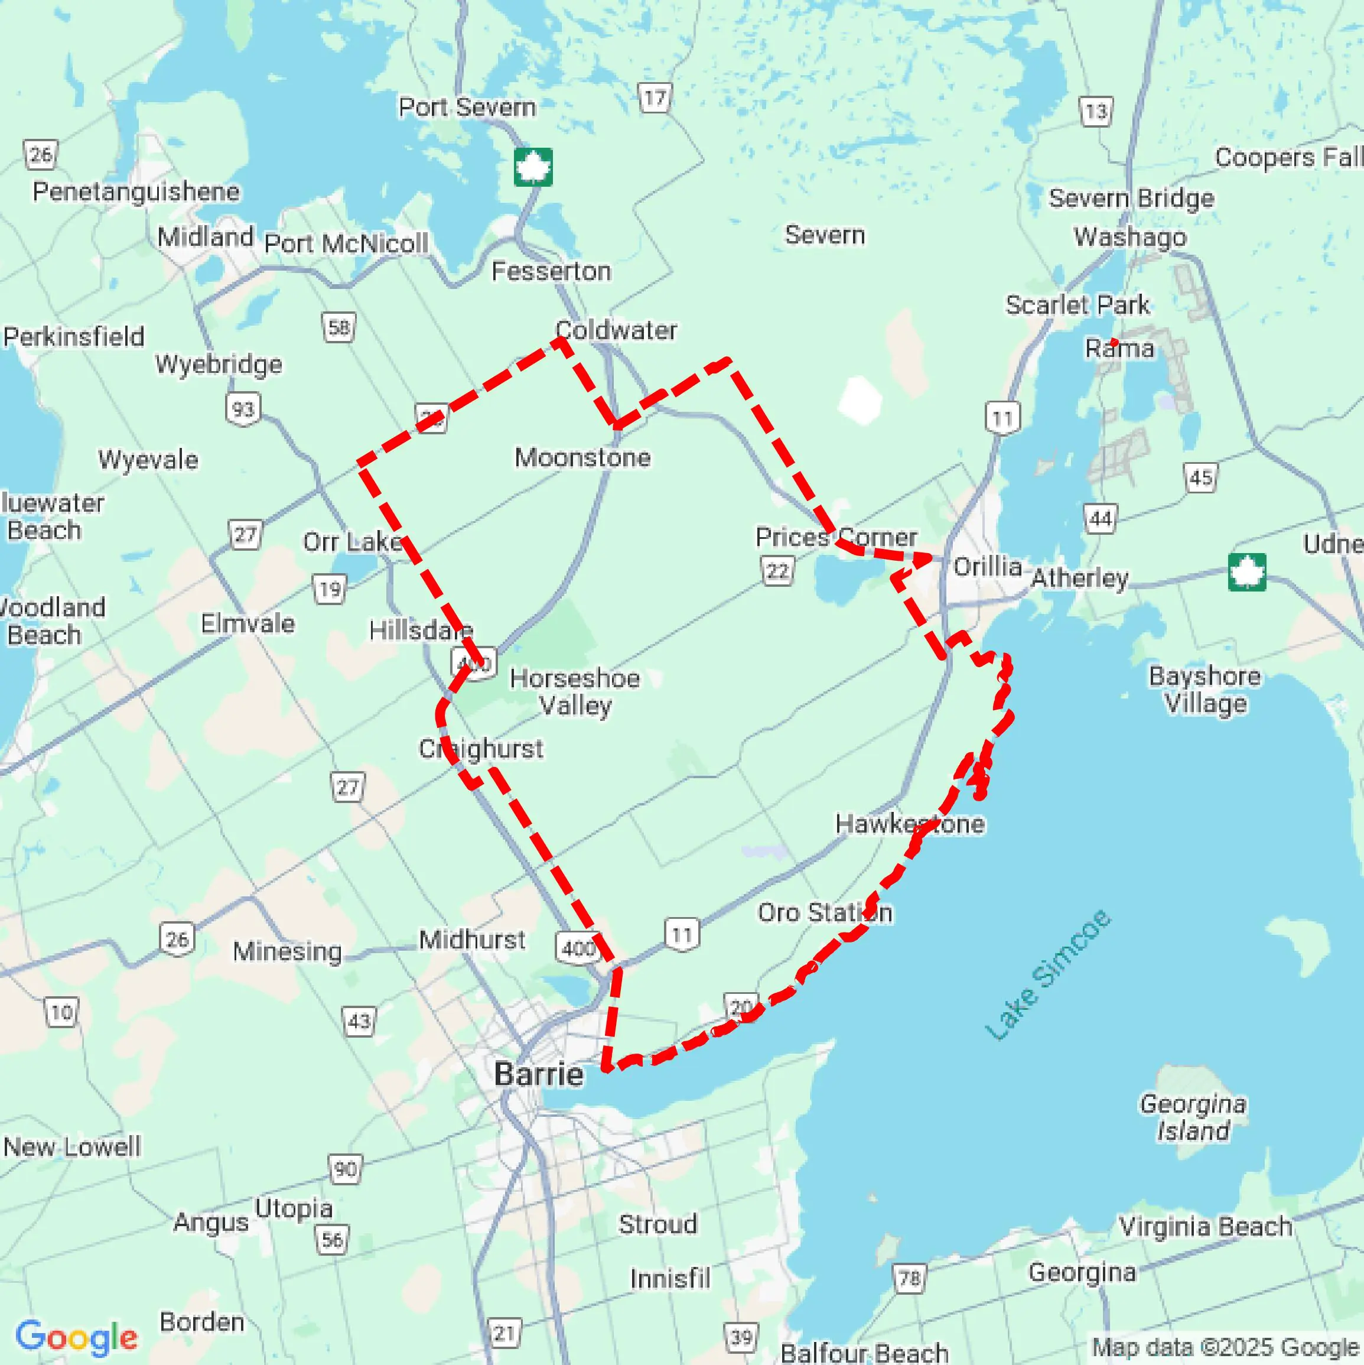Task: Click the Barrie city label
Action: point(539,1074)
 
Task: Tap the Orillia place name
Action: point(988,566)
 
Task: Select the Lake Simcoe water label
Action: point(1048,976)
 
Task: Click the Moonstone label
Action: point(582,457)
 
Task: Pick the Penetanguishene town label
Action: point(136,191)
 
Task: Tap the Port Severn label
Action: point(467,108)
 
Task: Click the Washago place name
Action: point(1130,237)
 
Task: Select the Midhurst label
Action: point(472,940)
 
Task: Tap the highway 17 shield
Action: point(655,97)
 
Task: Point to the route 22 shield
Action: point(778,571)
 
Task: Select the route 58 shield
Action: point(339,327)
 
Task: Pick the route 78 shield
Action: point(909,1278)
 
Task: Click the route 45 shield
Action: point(1201,478)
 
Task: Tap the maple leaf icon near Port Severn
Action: point(533,167)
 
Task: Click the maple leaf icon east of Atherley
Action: point(1247,571)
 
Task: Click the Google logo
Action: point(76,1337)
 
